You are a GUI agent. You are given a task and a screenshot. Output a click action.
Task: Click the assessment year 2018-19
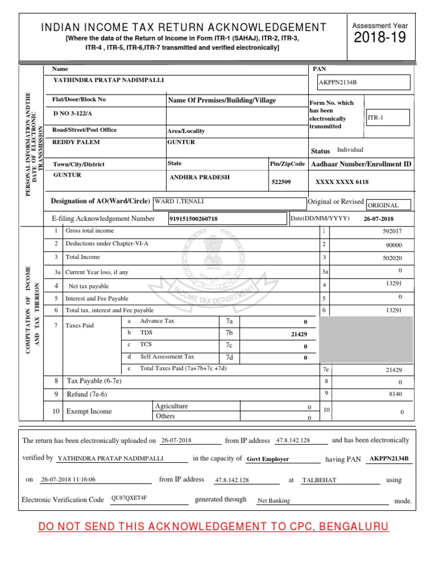pyautogui.click(x=380, y=38)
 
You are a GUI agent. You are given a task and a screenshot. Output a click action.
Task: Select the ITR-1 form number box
pyautogui.click(x=387, y=117)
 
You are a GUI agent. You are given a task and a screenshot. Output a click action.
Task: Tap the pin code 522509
pyautogui.click(x=282, y=182)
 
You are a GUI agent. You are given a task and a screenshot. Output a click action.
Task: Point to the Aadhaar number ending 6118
pyautogui.click(x=342, y=182)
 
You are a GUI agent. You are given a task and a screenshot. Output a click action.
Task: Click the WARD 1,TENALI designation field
pyautogui.click(x=179, y=202)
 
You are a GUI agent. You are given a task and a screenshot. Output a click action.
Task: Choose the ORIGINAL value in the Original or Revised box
pyautogui.click(x=383, y=205)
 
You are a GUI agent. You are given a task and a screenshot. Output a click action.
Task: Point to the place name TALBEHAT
pyautogui.click(x=319, y=480)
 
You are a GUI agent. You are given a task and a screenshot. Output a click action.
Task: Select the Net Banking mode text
pyautogui.click(x=274, y=501)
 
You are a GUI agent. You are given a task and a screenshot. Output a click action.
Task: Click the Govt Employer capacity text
pyautogui.click(x=268, y=459)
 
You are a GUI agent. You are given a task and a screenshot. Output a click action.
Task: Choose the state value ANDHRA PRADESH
pyautogui.click(x=200, y=177)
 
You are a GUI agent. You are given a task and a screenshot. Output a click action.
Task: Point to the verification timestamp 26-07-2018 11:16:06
pyautogui.click(x=68, y=479)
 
